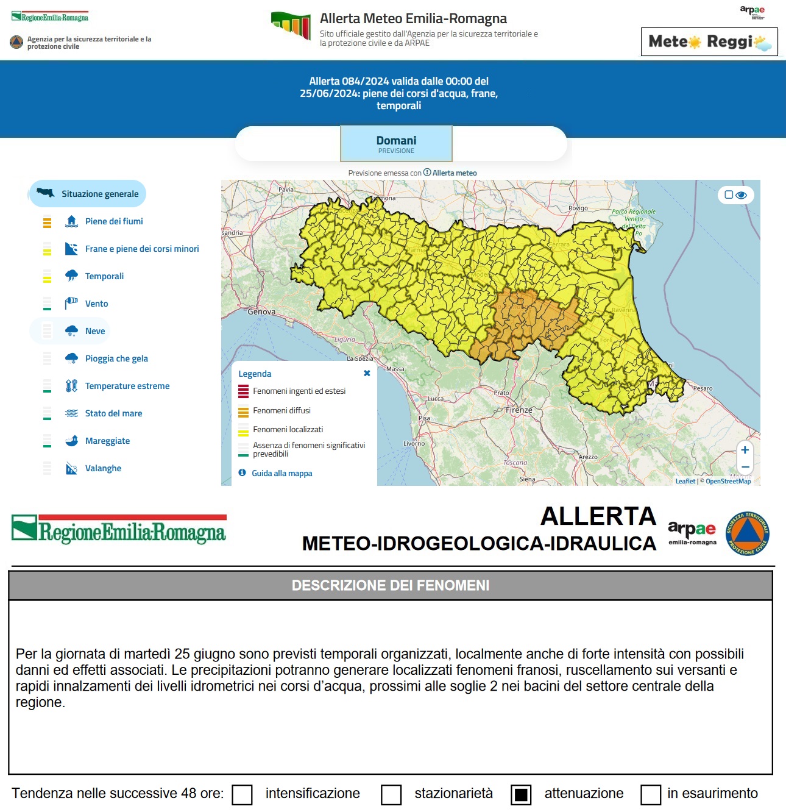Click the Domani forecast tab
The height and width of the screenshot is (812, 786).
(396, 144)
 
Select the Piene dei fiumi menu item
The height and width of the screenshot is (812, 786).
(114, 221)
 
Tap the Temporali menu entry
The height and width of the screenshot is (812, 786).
(104, 276)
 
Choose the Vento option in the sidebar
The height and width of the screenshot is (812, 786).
(96, 304)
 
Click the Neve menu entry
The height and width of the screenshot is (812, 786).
(95, 331)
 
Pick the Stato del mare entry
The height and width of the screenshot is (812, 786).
(113, 413)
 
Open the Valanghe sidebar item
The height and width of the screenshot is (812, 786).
(103, 468)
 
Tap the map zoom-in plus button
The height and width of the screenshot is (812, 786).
(745, 450)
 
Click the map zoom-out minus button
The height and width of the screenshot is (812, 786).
(745, 466)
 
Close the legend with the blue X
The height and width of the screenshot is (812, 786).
(367, 373)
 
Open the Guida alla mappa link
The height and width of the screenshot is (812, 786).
(281, 473)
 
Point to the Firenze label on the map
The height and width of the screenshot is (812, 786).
(519, 410)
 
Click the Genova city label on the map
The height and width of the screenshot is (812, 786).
(261, 312)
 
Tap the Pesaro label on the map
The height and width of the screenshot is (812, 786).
(703, 388)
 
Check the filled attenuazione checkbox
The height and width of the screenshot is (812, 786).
(521, 794)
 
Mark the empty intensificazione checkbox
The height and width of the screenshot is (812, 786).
(243, 794)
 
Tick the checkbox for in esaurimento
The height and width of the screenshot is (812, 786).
(651, 794)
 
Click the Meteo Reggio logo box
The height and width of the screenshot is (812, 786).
(709, 41)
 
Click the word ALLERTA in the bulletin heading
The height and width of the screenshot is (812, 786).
(598, 516)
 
